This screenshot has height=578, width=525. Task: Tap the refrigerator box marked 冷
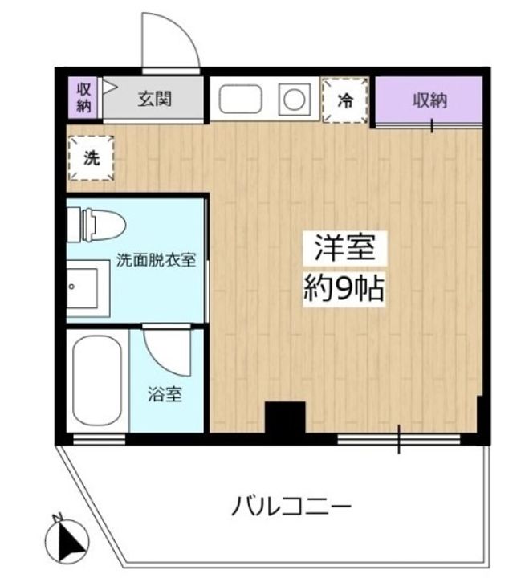[345, 101]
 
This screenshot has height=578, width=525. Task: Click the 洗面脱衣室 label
[156, 261]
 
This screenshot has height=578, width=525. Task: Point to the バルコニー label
[292, 507]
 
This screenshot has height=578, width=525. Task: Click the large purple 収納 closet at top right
[430, 102]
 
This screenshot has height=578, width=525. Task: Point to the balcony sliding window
[399, 439]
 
